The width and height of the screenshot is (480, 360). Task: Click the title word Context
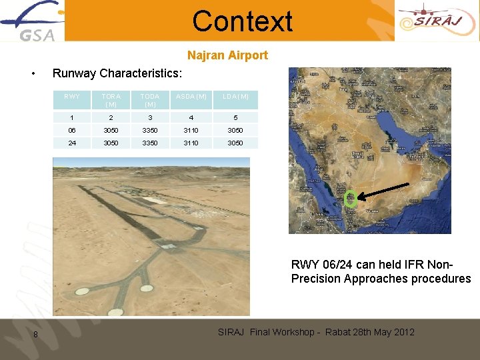point(242,21)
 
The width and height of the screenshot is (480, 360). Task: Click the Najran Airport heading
point(227,55)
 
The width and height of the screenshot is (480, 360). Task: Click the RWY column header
point(72,97)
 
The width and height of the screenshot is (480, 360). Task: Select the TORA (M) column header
point(111,100)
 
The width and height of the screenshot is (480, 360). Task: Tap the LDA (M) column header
point(235,97)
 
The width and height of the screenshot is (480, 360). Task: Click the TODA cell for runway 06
point(150,131)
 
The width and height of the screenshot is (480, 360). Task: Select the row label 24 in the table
point(72,143)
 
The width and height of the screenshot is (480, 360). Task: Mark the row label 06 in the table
point(72,131)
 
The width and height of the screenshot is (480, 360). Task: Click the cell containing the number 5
point(235,117)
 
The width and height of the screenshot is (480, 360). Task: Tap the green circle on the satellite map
point(350,198)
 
